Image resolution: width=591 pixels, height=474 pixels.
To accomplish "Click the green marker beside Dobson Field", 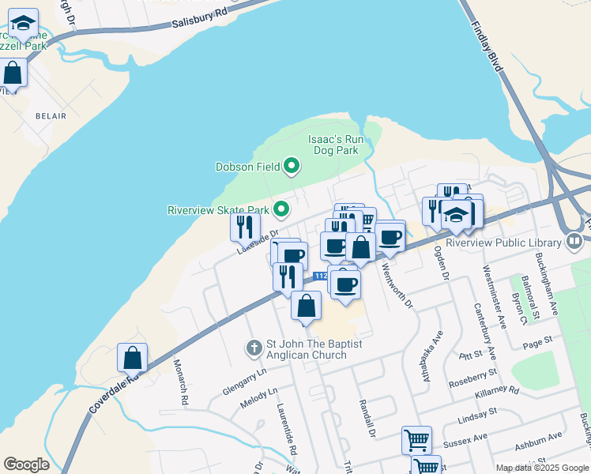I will pos(292,166).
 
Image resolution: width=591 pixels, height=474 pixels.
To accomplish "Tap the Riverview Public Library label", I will pos(503,243).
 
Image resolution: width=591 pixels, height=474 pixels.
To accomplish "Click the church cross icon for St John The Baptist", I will pos(254,347).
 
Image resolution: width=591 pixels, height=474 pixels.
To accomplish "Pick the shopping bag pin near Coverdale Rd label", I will pos(133,358).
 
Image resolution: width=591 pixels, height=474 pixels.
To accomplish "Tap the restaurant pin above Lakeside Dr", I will pos(245,227).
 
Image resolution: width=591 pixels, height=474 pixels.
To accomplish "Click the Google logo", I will pos(26,465).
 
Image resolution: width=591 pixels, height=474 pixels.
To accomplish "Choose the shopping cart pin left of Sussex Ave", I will pos(416,440).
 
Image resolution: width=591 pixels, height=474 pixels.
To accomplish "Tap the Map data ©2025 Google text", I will pos(541,468).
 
